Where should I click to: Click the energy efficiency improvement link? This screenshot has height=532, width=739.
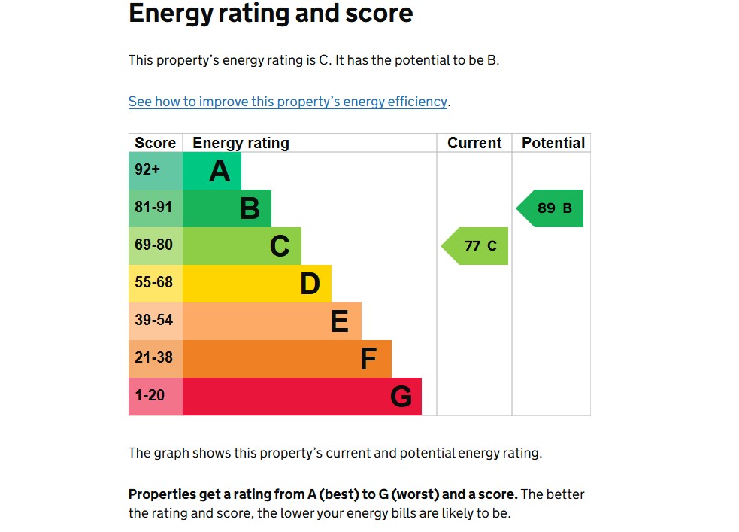pyautogui.click(x=289, y=102)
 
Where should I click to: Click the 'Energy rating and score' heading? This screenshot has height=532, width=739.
pyautogui.click(x=271, y=14)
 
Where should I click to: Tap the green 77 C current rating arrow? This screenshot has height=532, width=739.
pyautogui.click(x=476, y=246)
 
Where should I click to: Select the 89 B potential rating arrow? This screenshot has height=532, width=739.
pyautogui.click(x=551, y=208)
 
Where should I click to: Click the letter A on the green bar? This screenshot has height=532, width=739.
pyautogui.click(x=220, y=172)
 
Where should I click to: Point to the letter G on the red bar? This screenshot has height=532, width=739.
pyautogui.click(x=401, y=397)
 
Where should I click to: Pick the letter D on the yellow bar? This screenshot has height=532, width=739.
pyautogui.click(x=310, y=284)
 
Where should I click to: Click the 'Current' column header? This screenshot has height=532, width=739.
pyautogui.click(x=474, y=143)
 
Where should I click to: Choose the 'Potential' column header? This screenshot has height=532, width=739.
pyautogui.click(x=553, y=143)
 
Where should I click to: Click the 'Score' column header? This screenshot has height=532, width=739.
pyautogui.click(x=156, y=143)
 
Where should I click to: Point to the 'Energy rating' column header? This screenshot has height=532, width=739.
pyautogui.click(x=241, y=143)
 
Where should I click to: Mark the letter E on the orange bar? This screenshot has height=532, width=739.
pyautogui.click(x=339, y=322)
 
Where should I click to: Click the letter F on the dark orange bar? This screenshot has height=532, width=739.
pyautogui.click(x=368, y=360)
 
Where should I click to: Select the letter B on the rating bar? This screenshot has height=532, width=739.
pyautogui.click(x=250, y=209)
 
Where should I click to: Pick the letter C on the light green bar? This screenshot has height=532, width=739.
pyautogui.click(x=280, y=247)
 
